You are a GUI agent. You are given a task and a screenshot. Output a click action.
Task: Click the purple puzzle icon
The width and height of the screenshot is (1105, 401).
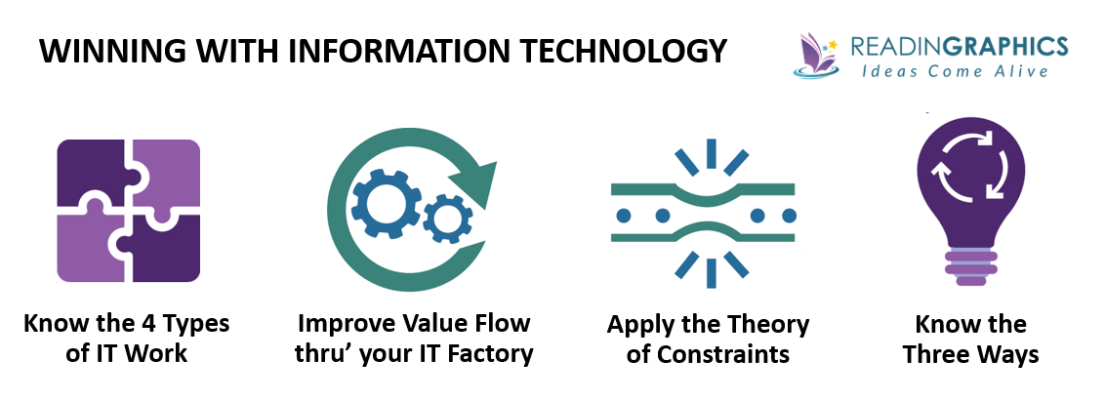(x=128, y=211)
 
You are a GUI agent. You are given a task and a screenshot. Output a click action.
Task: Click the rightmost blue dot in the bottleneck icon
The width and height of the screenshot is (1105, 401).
(x=789, y=215)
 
